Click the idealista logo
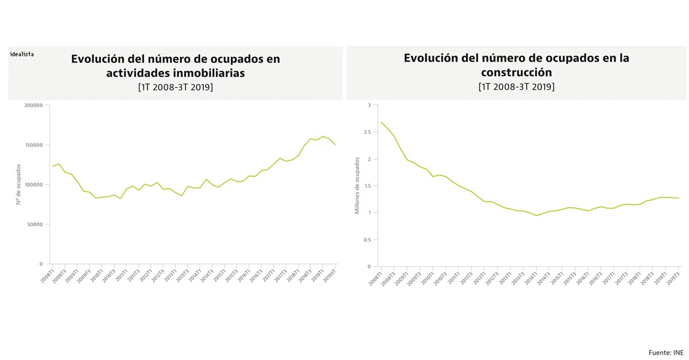pyautogui.click(x=22, y=54)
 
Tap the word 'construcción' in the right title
pyautogui.click(x=516, y=72)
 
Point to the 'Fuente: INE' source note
pyautogui.click(x=666, y=352)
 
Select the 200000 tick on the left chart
pyautogui.click(x=33, y=105)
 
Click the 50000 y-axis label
pyautogui.click(x=35, y=224)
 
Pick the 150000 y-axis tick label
pyautogui.click(x=33, y=145)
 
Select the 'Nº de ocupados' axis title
pyautogui.click(x=18, y=184)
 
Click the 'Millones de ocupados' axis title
pyautogui.click(x=357, y=186)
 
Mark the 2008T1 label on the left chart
pyautogui.click(x=47, y=274)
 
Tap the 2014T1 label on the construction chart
pyautogui.click(x=531, y=277)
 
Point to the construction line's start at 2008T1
pyautogui.click(x=381, y=122)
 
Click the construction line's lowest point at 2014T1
pyautogui.click(x=536, y=215)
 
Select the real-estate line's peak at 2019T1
pyautogui.click(x=323, y=136)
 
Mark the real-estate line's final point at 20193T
pyautogui.click(x=335, y=145)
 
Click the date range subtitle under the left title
pyautogui.click(x=175, y=87)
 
